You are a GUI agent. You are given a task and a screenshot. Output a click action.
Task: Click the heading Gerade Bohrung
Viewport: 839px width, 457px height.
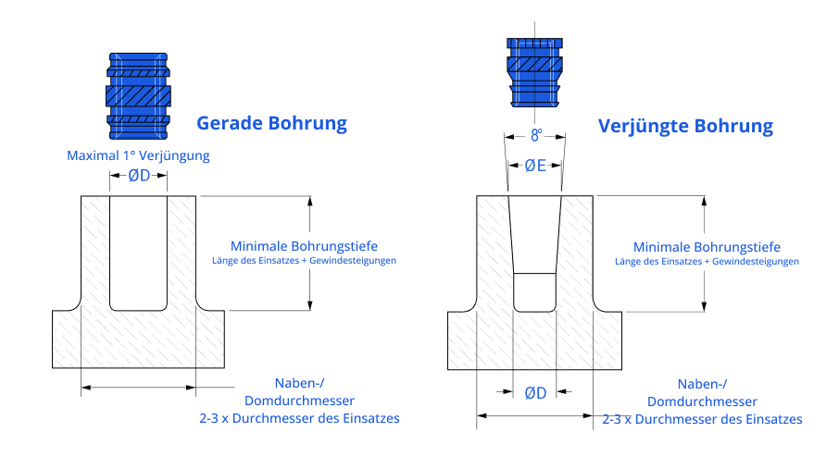(x=271, y=123)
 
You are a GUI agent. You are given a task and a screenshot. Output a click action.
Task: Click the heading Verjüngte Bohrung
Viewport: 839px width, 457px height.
(x=684, y=126)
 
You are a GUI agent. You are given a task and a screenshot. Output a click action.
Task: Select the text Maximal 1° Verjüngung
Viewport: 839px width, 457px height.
(x=138, y=155)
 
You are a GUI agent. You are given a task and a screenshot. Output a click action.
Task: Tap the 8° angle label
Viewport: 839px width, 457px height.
(x=536, y=135)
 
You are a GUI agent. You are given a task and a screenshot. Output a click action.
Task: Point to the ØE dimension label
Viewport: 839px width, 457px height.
(x=535, y=167)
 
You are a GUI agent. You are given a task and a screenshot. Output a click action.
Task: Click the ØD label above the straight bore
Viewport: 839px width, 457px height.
(x=138, y=176)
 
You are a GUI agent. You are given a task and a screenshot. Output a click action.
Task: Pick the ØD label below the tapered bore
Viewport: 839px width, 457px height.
(x=535, y=392)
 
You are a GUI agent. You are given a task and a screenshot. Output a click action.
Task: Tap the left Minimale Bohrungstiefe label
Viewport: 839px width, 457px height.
(x=304, y=246)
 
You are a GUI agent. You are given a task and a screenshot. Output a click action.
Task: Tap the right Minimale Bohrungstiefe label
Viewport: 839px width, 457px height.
(x=707, y=247)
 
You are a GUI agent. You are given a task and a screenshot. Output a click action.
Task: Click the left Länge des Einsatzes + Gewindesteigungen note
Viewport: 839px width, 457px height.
(x=304, y=261)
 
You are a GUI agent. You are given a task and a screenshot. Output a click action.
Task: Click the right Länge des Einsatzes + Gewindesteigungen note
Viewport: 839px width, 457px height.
(x=707, y=262)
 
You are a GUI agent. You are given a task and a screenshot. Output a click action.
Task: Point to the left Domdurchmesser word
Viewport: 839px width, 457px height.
(x=299, y=401)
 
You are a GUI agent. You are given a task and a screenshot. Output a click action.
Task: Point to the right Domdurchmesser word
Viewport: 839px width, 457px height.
(x=702, y=401)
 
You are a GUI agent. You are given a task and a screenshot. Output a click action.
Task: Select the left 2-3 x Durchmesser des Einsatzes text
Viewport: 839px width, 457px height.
(x=299, y=418)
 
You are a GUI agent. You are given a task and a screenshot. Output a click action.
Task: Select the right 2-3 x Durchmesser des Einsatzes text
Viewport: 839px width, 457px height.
(x=702, y=419)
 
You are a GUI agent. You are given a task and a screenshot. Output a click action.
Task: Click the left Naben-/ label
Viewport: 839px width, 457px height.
(x=299, y=384)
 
